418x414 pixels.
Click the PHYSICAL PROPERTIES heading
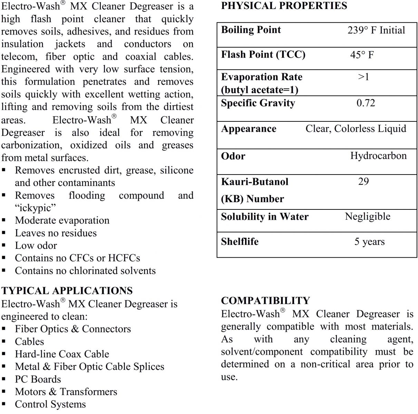pos(284,6)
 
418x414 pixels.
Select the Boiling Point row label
pos(251,30)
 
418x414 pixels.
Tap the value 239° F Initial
pos(376,30)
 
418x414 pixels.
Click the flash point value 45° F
pos(362,55)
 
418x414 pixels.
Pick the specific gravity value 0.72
pos(366,103)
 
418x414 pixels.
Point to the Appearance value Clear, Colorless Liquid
pos(356,129)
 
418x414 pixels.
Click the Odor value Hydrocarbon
pos(378,156)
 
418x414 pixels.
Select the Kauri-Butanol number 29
pos(363,181)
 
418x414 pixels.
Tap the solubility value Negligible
pos(367,217)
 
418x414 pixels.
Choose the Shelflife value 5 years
pos(369,242)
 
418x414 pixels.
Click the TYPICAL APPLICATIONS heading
pos(67,291)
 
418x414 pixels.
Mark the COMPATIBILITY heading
pos(265,301)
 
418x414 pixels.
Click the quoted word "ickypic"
pos(35,208)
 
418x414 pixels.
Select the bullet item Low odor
pos(36,246)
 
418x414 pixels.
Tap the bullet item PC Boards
pos(38,379)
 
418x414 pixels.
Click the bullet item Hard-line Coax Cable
pos(62,354)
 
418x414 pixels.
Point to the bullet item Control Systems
pos(50,404)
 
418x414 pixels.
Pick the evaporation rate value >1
pos(363,77)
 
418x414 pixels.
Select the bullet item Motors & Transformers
pos(66,392)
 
